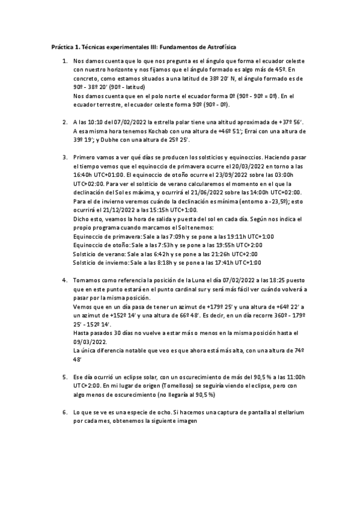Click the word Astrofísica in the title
(227, 46)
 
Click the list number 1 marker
(64, 61)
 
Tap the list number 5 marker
(64, 377)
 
